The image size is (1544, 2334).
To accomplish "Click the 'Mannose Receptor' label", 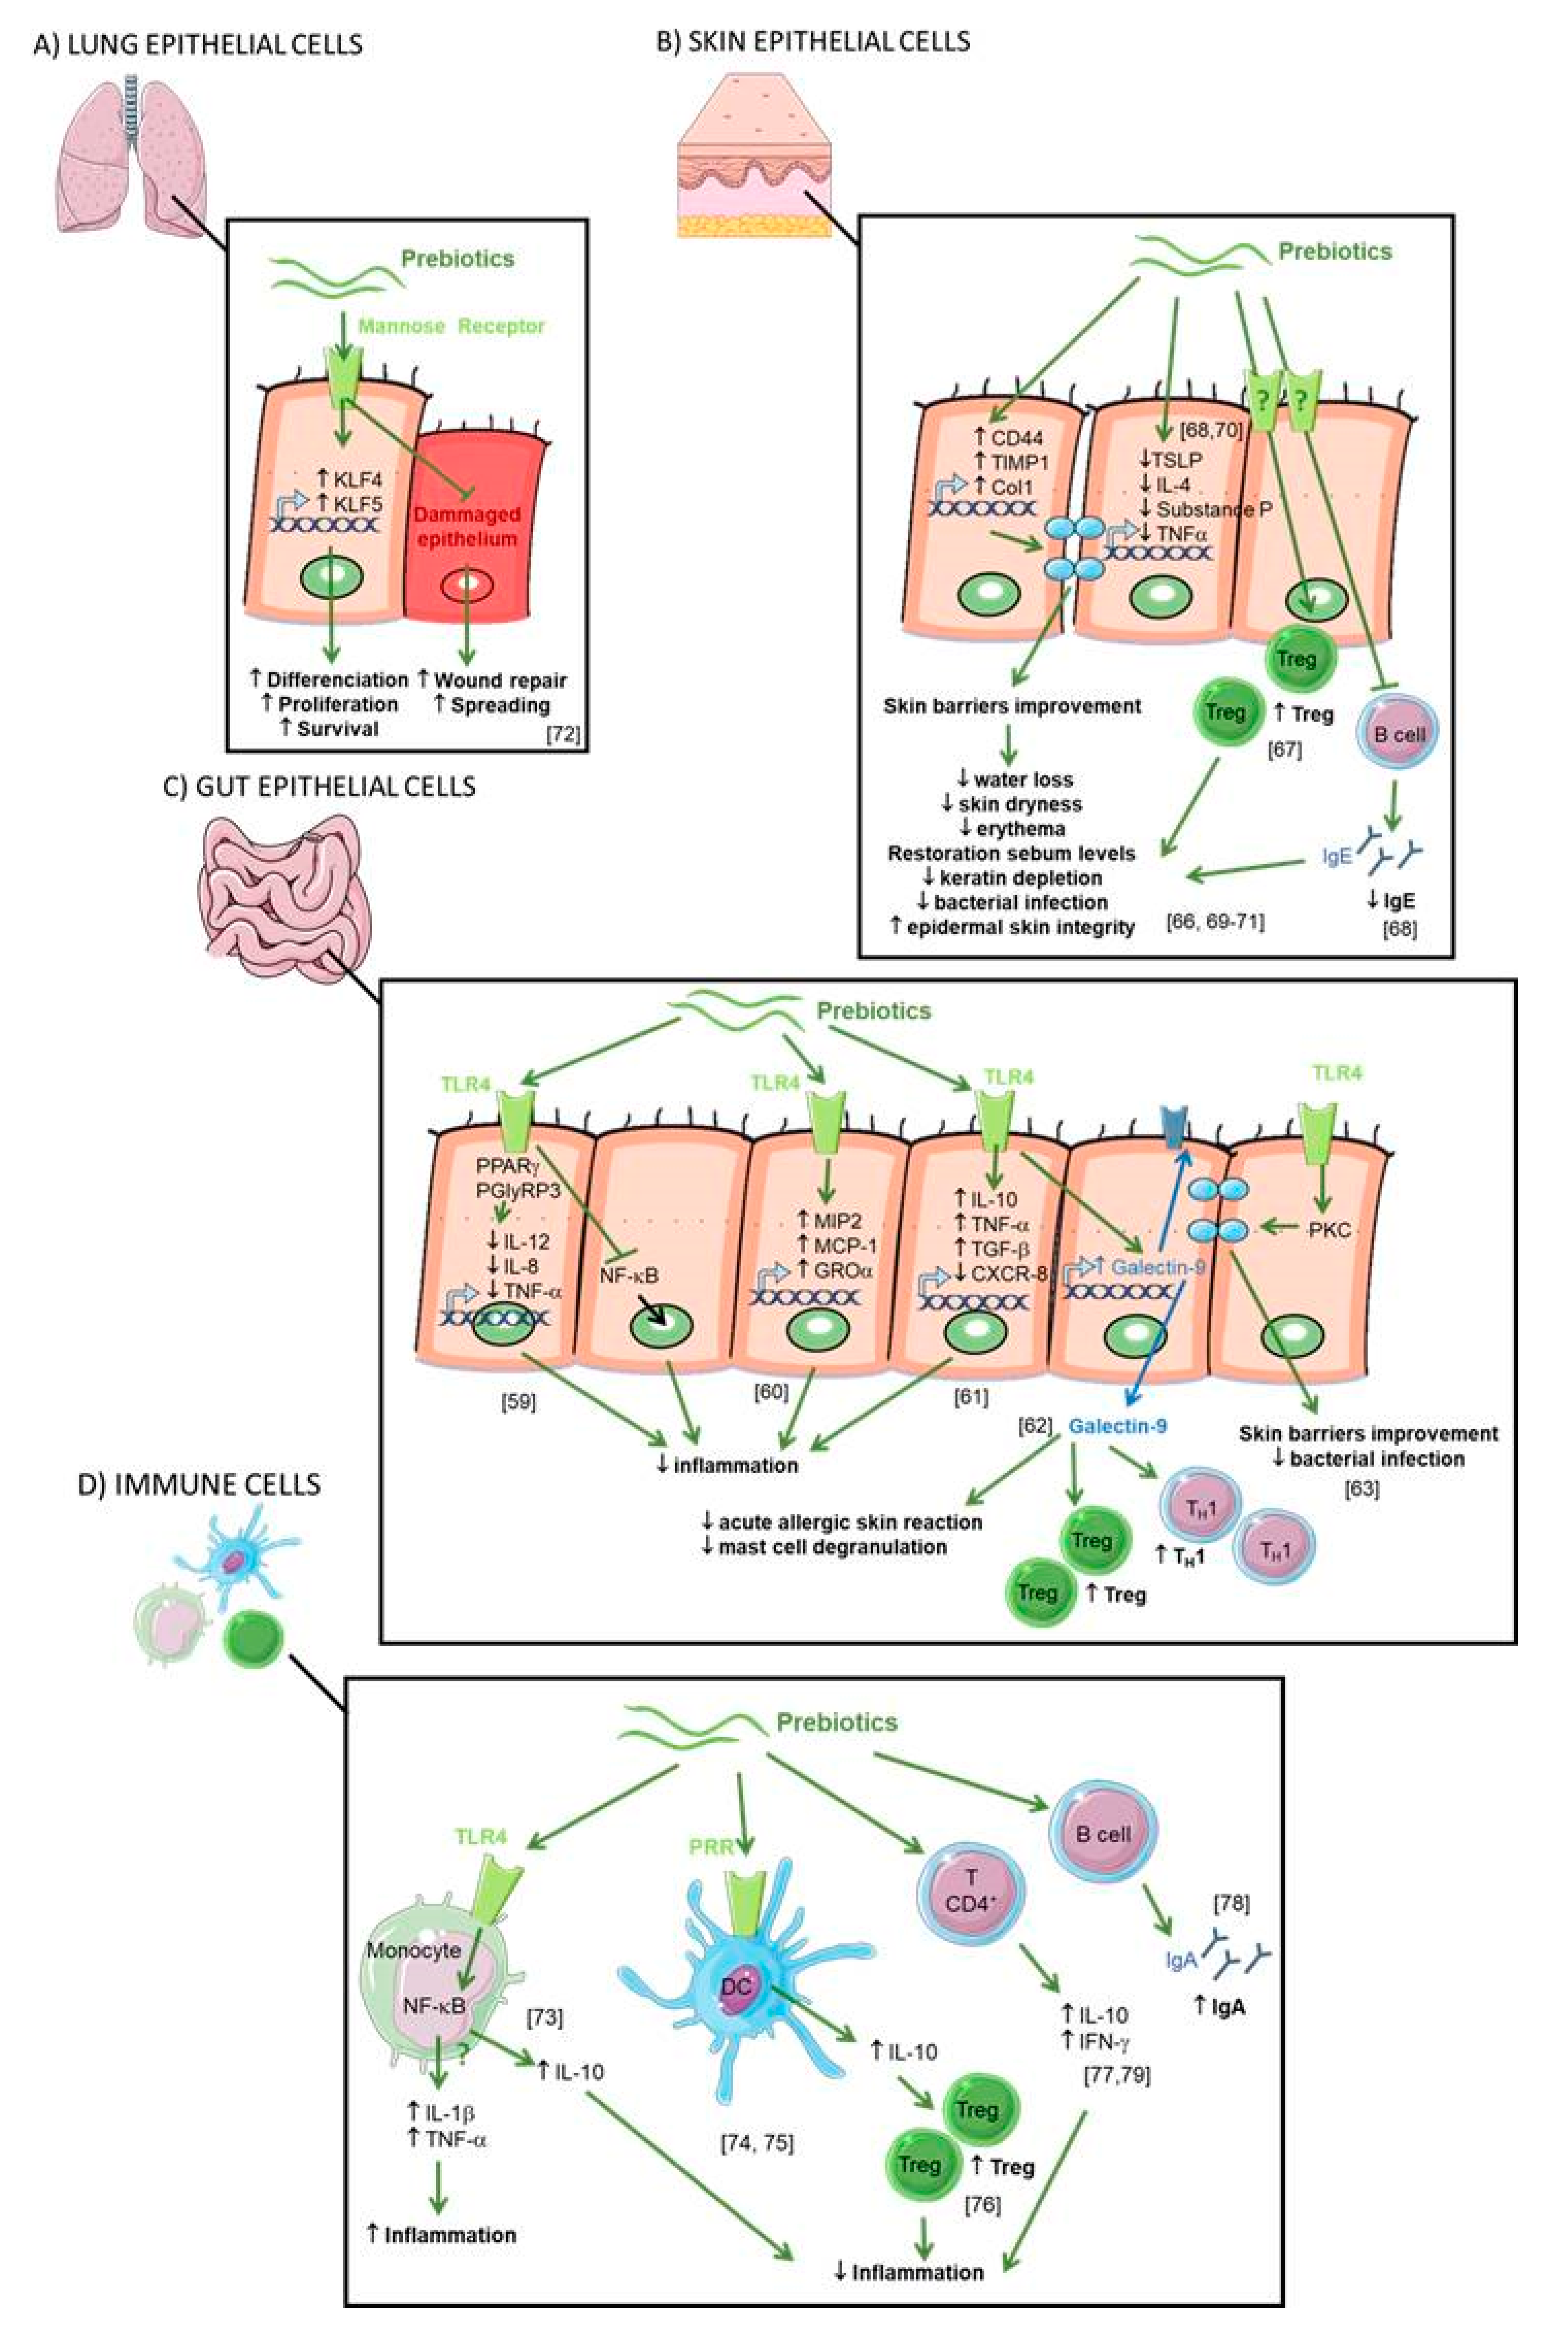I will (x=451, y=326).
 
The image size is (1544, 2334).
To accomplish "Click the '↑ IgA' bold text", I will (x=1220, y=2006).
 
